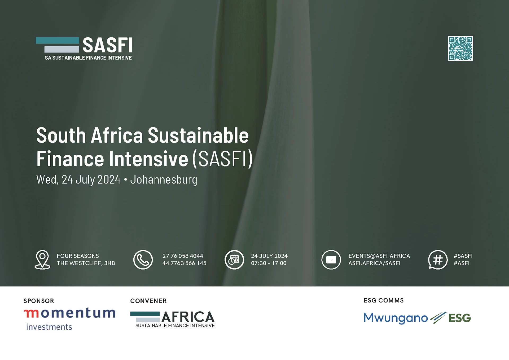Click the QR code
[460, 49]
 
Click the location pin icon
[42, 260]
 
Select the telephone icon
[143, 260]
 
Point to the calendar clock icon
[234, 260]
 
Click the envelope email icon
[331, 260]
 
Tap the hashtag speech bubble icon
[438, 260]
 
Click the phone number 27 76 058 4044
[183, 256]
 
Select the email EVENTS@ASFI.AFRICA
[379, 256]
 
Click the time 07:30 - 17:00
[269, 263]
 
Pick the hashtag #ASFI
[462, 263]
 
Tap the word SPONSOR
[39, 301]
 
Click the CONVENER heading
[148, 301]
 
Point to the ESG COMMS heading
[384, 300]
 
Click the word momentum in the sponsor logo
[69, 313]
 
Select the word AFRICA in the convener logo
[188, 317]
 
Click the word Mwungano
[396, 318]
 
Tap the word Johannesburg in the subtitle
[164, 180]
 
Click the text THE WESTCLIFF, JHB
[86, 263]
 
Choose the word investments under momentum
[49, 327]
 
